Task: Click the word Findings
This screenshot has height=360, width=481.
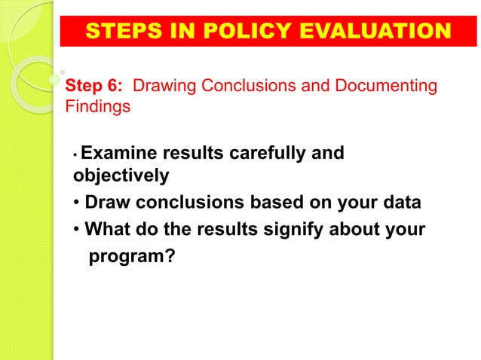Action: click(x=99, y=107)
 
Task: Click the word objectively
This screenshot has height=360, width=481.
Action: click(x=121, y=176)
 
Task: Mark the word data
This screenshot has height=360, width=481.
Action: click(x=401, y=203)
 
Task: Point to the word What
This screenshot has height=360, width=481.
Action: click(x=109, y=229)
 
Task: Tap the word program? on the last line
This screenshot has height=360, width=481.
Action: click(x=133, y=257)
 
